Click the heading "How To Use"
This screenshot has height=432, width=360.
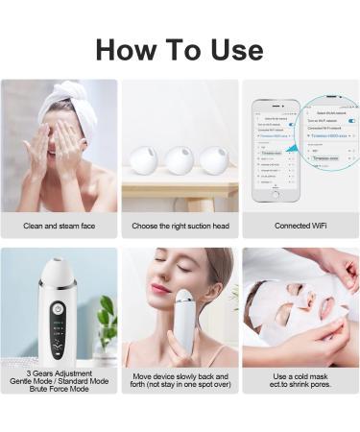pyautogui.click(x=180, y=50)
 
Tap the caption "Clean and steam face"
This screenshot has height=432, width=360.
pyautogui.click(x=60, y=227)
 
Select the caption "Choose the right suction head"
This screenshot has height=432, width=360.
pyautogui.click(x=180, y=227)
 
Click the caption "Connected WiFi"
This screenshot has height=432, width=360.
pyautogui.click(x=300, y=227)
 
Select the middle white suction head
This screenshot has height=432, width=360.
pyautogui.click(x=180, y=159)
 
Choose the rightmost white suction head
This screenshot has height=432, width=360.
pyautogui.click(x=213, y=159)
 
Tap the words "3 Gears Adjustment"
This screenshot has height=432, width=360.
pyautogui.click(x=60, y=372)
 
